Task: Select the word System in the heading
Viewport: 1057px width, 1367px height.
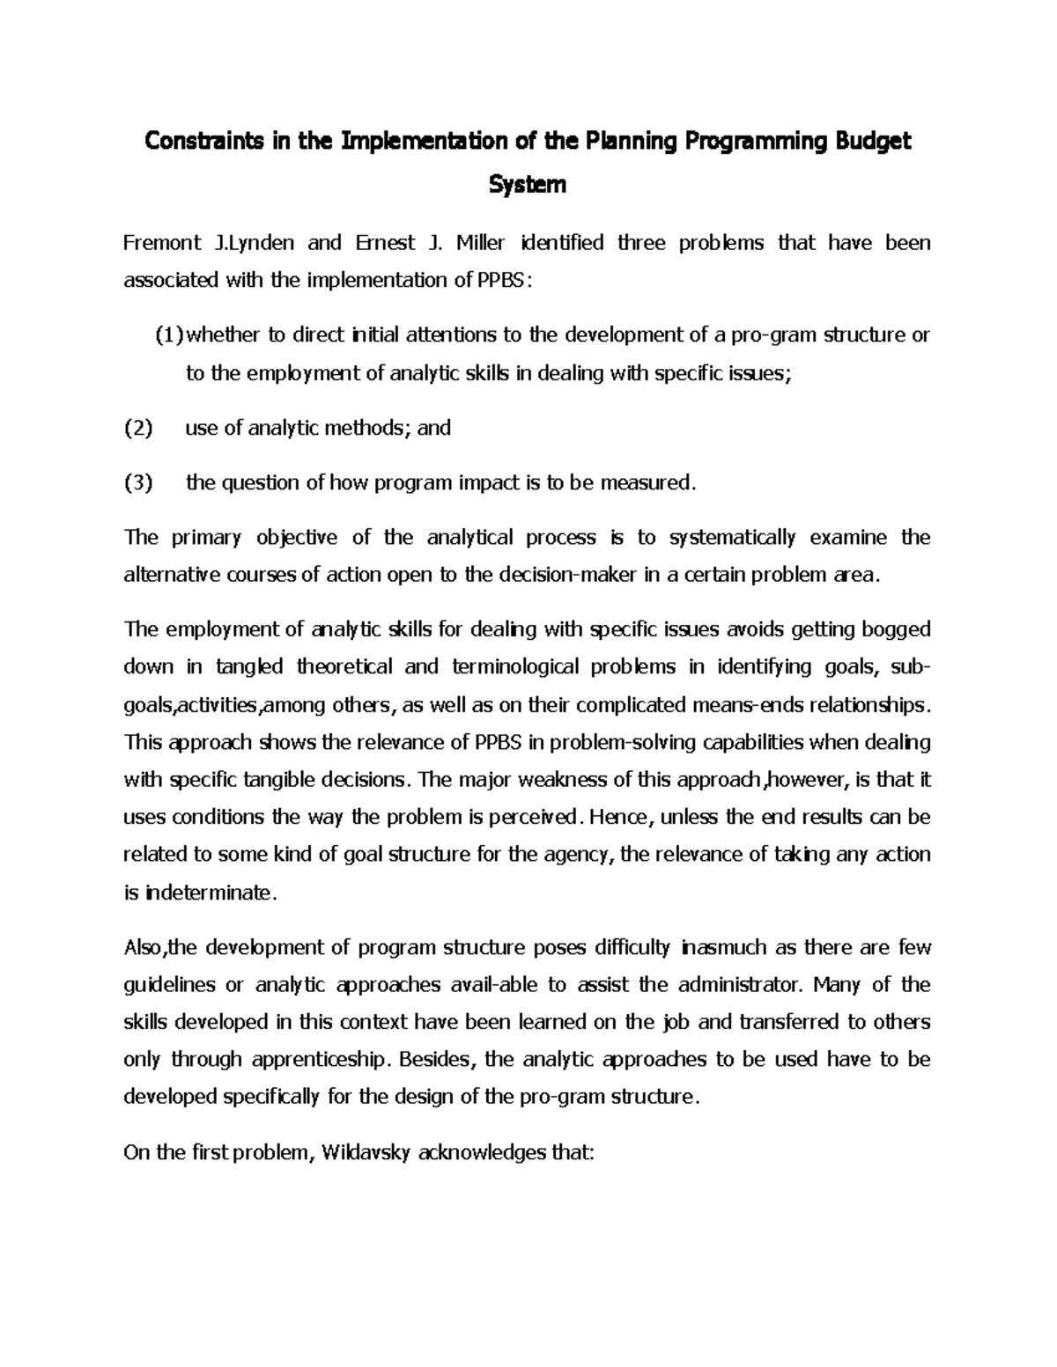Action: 528,185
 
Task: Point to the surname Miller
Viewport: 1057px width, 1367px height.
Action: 480,243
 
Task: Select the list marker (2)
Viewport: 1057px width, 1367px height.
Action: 138,429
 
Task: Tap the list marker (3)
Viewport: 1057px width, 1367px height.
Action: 138,482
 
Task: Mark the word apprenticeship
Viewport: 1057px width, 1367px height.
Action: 319,1060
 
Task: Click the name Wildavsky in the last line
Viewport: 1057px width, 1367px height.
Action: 366,1152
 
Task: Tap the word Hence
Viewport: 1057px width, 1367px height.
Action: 621,817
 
